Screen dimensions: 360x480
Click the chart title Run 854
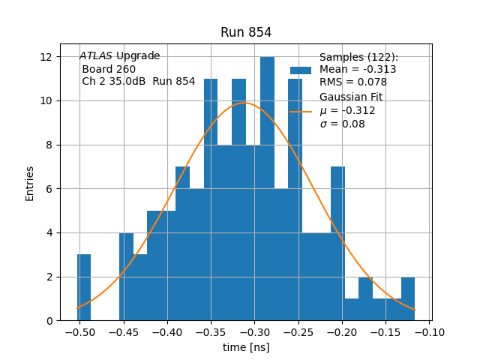point(246,32)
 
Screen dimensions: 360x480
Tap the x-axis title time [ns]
point(246,347)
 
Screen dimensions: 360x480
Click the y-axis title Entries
point(30,183)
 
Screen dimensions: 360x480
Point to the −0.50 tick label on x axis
point(79,332)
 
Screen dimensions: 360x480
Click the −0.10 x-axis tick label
point(430,332)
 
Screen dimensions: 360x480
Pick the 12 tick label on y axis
point(46,57)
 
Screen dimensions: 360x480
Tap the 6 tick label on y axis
point(49,189)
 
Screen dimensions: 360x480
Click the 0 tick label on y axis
point(49,321)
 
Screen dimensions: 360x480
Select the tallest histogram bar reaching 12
point(267,187)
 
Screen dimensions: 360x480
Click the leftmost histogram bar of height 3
point(84,288)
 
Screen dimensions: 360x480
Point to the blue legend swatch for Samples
point(301,70)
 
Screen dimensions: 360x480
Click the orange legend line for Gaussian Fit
point(301,111)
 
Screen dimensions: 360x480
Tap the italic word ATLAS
point(95,56)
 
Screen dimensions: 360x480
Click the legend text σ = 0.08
point(342,124)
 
